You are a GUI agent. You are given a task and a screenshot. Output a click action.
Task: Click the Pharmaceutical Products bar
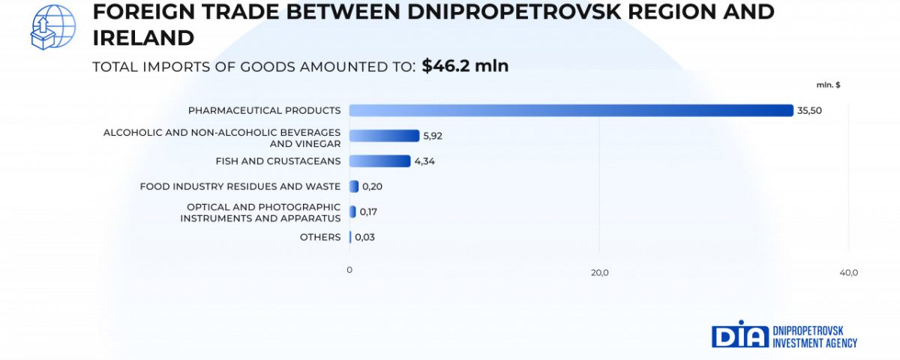pos(571,110)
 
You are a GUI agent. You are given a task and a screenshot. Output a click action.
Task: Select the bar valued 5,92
pos(384,136)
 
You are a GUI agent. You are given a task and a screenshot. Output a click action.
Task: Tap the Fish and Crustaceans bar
pos(379,161)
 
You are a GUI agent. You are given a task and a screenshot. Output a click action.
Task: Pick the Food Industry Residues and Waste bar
pos(354,187)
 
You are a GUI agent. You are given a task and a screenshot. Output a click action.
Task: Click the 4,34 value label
pos(424,161)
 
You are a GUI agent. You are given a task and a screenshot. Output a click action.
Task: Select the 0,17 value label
pos(368,212)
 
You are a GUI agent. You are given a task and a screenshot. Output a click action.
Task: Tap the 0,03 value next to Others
pos(364,238)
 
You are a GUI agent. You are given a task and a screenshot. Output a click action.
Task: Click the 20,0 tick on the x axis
pos(599,272)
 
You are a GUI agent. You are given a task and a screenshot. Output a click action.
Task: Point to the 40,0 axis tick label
pos(848,272)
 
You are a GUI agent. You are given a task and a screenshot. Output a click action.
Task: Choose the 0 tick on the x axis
pos(349,269)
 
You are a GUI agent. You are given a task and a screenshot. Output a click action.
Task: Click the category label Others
pos(320,238)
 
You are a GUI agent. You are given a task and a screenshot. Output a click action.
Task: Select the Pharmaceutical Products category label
pos(264,110)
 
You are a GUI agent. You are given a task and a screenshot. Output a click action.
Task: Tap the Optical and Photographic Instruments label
pos(260,212)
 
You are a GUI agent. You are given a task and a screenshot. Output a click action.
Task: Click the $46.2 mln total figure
pos(465,66)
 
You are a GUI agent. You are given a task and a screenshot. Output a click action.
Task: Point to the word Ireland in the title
pos(143,38)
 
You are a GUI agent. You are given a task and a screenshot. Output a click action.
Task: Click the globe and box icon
pos(52,27)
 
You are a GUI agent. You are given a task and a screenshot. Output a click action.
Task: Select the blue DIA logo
pos(740,334)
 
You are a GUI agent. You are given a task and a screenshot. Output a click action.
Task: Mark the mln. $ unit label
pos(829,85)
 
